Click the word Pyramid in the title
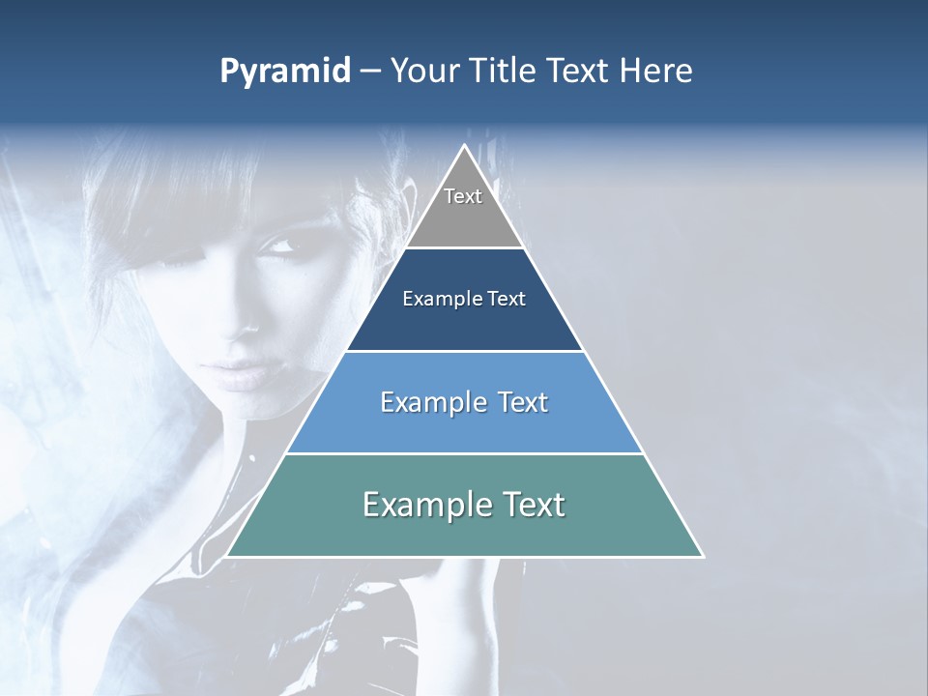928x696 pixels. (x=284, y=72)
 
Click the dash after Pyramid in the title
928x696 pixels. (x=369, y=72)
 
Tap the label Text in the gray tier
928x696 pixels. (x=463, y=196)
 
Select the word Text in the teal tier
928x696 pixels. (x=528, y=505)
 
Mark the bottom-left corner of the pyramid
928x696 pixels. (x=226, y=556)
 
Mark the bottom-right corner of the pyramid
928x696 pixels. (x=703, y=556)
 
